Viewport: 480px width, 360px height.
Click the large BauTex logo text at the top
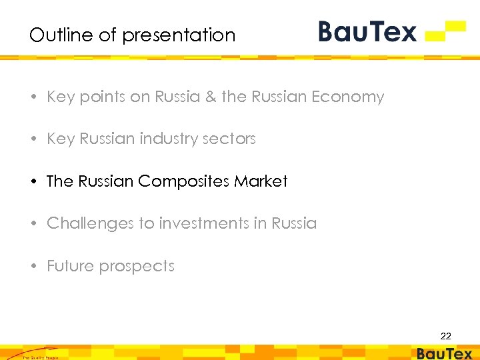(x=367, y=31)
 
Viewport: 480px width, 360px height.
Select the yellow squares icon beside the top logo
(x=446, y=31)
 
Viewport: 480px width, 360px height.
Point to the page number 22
(x=445, y=337)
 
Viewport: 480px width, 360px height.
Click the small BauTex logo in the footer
(x=444, y=353)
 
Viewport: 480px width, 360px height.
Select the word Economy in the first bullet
(x=349, y=97)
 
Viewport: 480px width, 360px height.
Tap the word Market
(x=261, y=181)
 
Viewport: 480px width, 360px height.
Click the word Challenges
(x=90, y=223)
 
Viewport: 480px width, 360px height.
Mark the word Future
(x=68, y=266)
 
